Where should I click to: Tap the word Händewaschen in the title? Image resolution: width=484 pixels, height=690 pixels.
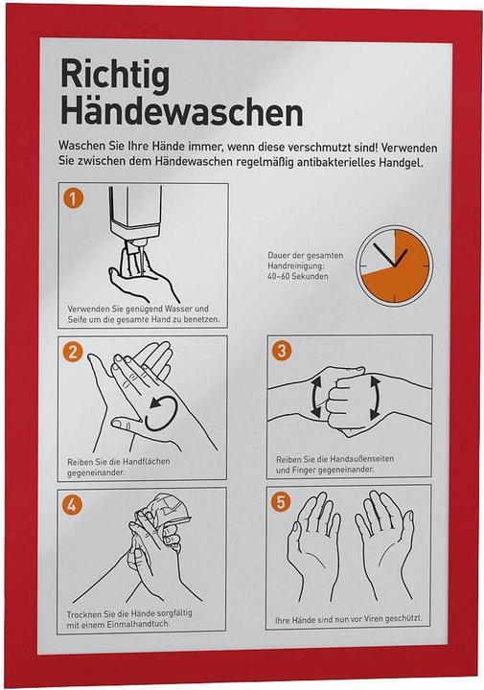tap(181, 112)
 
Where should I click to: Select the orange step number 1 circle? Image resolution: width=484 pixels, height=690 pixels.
tap(73, 198)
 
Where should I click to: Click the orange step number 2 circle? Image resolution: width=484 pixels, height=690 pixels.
tap(73, 351)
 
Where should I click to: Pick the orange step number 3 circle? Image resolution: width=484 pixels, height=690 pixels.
tap(282, 351)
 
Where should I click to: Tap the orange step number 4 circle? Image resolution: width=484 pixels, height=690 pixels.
tap(72, 505)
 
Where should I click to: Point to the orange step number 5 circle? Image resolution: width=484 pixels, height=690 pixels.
tap(281, 501)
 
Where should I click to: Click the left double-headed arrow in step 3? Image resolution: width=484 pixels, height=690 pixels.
tap(316, 398)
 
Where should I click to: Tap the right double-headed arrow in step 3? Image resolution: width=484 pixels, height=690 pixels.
tap(375, 398)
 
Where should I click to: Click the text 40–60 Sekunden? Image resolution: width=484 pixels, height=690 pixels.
tap(297, 276)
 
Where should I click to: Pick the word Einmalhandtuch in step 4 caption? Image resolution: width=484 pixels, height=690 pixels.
tap(138, 624)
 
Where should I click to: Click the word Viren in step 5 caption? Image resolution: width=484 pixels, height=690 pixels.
tap(371, 619)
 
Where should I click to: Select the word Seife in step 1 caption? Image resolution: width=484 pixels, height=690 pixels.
tap(78, 319)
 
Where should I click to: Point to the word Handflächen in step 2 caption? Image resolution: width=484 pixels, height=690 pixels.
tap(146, 462)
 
